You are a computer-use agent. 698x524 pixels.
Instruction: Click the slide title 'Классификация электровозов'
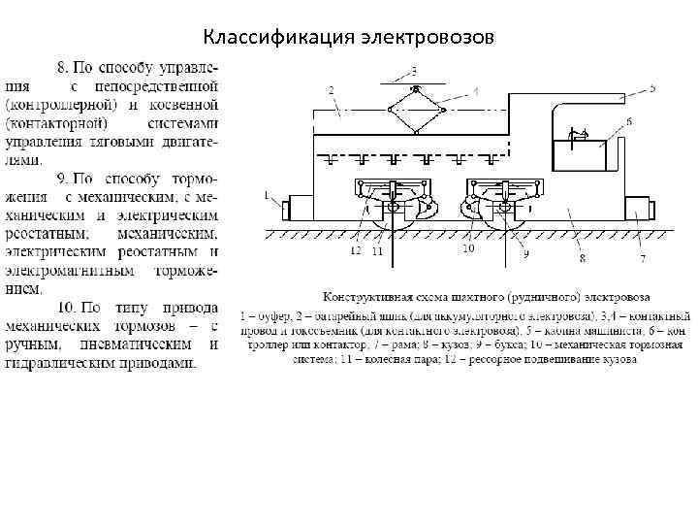pos(348,38)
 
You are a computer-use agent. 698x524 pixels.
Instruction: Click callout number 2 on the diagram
pos(332,89)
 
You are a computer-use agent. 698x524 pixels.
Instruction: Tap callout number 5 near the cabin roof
pos(652,88)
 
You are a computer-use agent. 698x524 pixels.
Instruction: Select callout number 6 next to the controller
pos(629,122)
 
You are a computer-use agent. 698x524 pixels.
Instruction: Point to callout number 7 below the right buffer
pos(642,258)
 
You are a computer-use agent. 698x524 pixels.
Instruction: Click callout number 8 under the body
pos(583,258)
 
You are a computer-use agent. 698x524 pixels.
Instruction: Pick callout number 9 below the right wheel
pos(526,254)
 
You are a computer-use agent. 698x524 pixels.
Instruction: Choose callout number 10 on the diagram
pos(468,249)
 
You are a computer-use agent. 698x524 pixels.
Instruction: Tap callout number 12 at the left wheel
pos(355,250)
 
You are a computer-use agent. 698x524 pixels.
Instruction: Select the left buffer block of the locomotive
pos(297,208)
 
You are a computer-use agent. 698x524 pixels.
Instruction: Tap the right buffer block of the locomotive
pos(637,208)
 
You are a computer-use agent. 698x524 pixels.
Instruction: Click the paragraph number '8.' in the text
pos(64,67)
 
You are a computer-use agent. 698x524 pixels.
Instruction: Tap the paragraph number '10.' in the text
pos(68,308)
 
